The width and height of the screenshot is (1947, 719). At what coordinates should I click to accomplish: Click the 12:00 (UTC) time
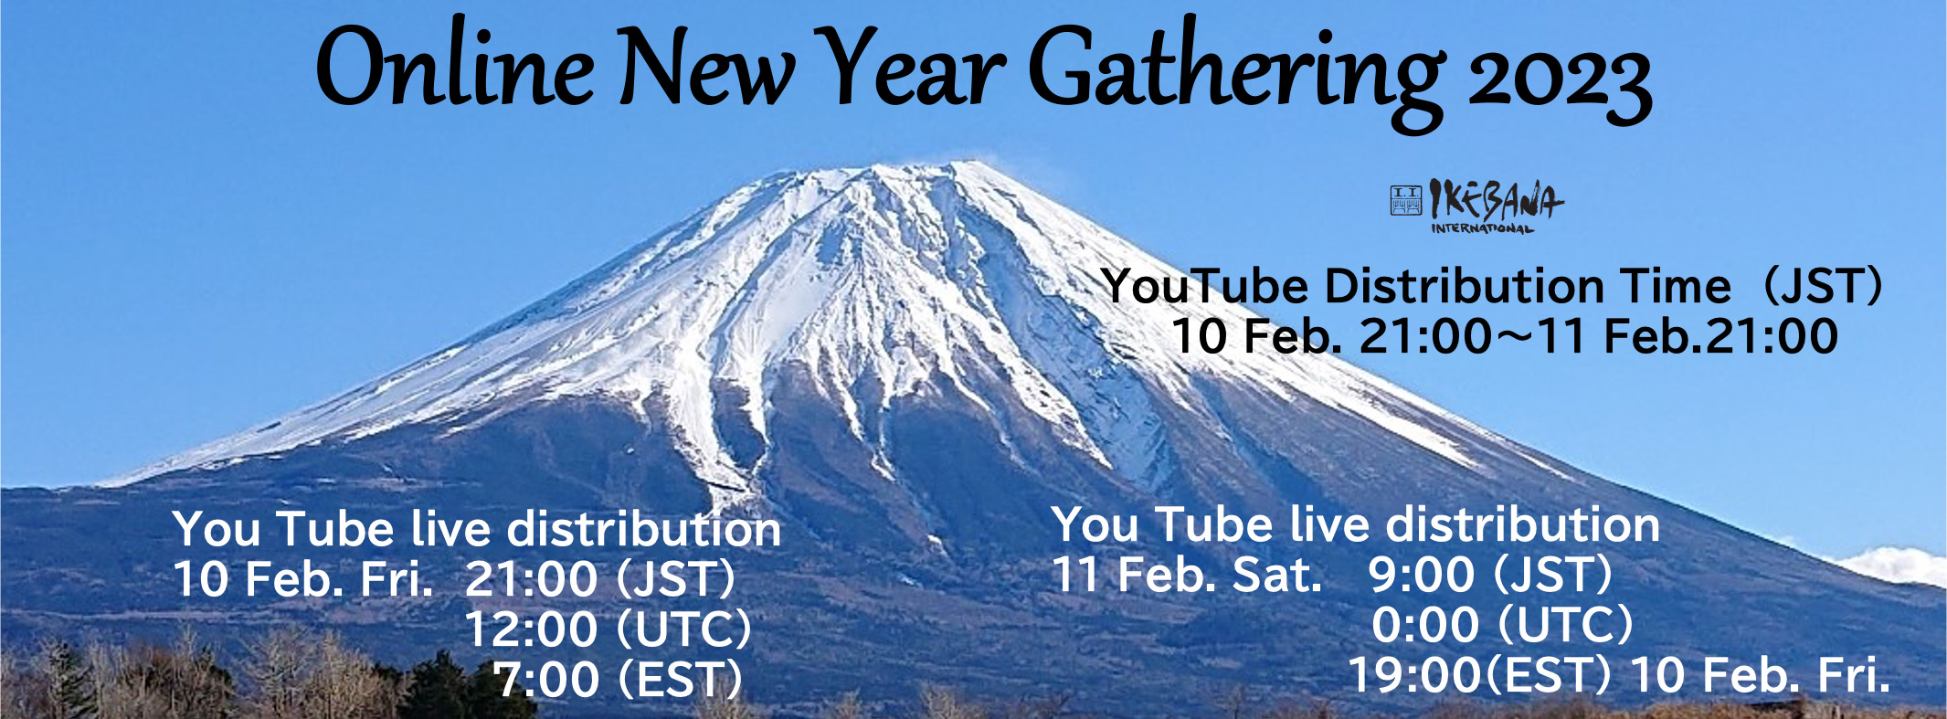coord(608,629)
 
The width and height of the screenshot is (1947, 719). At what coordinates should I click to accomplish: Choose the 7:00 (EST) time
coord(619,680)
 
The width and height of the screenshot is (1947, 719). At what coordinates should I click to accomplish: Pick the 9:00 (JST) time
coord(1490,575)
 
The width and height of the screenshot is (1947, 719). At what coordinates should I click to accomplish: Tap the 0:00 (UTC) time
coord(1502,625)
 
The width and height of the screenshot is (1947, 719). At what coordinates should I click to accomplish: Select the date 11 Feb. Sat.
coord(1187,575)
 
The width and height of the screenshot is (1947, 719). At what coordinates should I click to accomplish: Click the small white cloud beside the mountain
coord(1892,565)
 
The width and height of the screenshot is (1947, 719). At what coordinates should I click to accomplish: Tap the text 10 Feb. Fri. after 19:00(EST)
coord(1761,675)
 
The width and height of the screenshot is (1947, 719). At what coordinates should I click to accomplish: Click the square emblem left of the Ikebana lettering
coord(1406,200)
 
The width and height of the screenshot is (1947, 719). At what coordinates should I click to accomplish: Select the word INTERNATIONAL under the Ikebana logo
coord(1483,227)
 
